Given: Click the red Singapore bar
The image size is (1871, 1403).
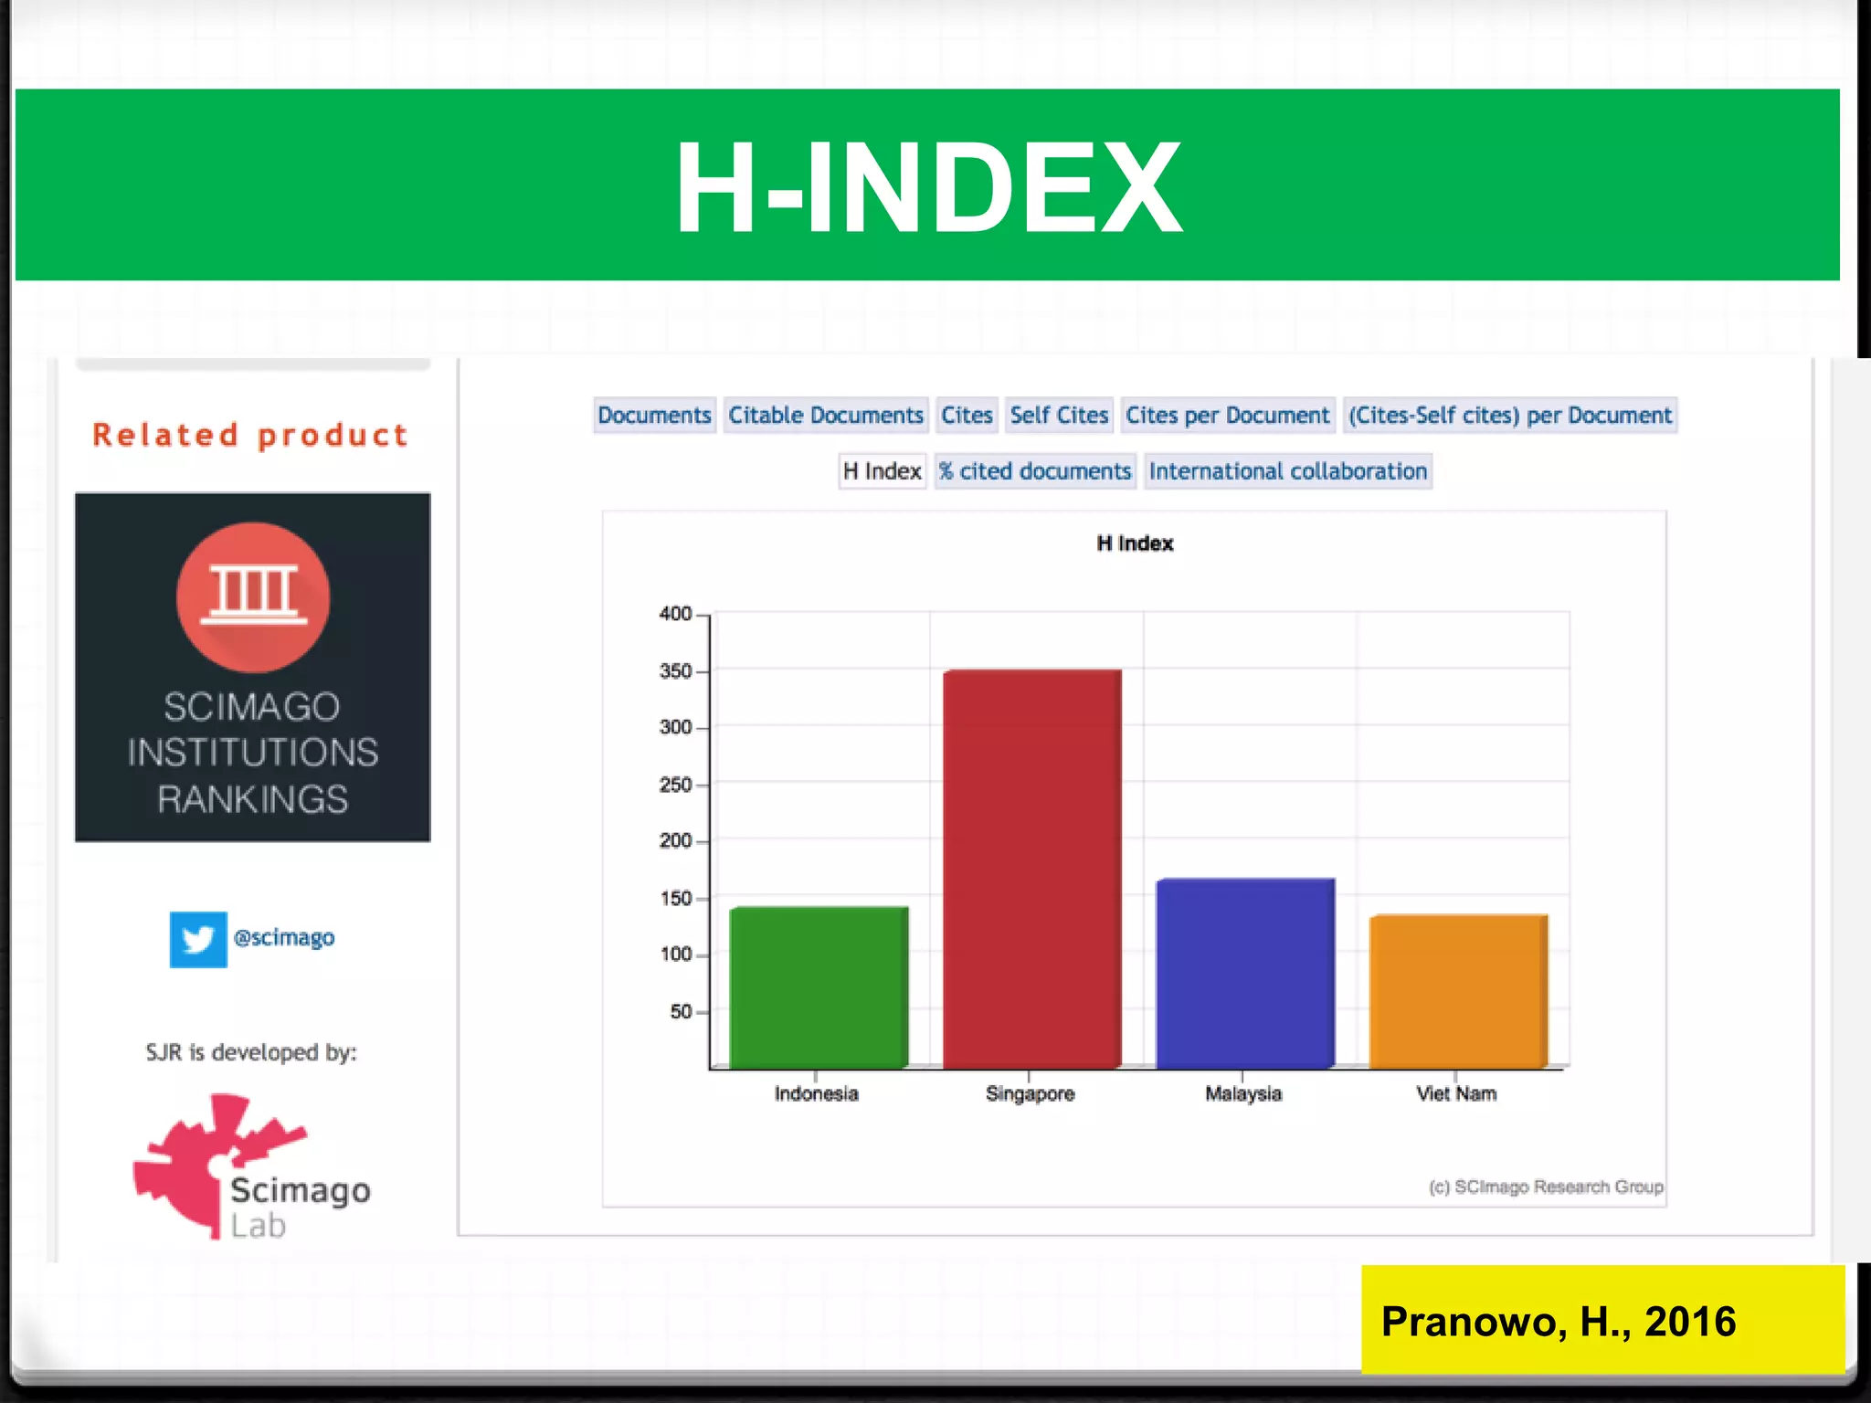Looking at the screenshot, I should tap(1031, 868).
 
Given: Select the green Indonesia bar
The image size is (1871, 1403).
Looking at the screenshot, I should tap(819, 986).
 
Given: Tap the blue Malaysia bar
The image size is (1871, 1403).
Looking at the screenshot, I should tap(1245, 973).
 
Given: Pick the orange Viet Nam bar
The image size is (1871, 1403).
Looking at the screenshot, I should tap(1458, 991).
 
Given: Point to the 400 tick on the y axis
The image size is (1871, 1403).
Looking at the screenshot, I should tap(676, 614).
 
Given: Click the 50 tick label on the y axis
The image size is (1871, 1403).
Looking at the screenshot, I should tap(682, 1012).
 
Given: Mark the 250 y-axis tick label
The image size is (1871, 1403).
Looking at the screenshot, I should tap(676, 785).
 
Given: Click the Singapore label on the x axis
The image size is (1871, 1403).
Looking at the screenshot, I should tap(1030, 1093).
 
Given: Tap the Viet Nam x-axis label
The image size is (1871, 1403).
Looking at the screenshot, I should tap(1456, 1093).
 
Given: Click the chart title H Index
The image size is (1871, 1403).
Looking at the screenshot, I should tap(1135, 543).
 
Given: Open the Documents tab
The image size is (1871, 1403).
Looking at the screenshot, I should tap(654, 416).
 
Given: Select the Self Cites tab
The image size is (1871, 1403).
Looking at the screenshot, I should tap(1059, 416).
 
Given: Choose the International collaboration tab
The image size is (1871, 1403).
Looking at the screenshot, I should tap(1287, 471).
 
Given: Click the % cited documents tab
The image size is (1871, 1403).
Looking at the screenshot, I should tap(1035, 471).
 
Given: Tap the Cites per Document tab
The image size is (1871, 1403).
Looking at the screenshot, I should tap(1227, 416).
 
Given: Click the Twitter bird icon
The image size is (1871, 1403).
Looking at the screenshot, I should tap(198, 939).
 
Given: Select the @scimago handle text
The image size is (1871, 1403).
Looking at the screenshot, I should tap(284, 938).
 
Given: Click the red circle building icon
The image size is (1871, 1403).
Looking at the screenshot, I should tap(253, 597).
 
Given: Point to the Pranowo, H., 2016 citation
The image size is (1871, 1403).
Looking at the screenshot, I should tap(1559, 1322).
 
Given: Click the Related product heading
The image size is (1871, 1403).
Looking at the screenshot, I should tap(250, 436).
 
